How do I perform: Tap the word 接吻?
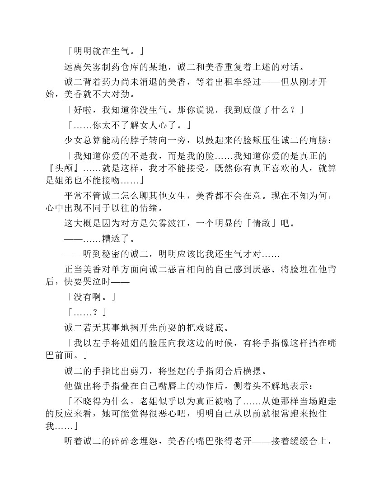coord(102,180)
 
